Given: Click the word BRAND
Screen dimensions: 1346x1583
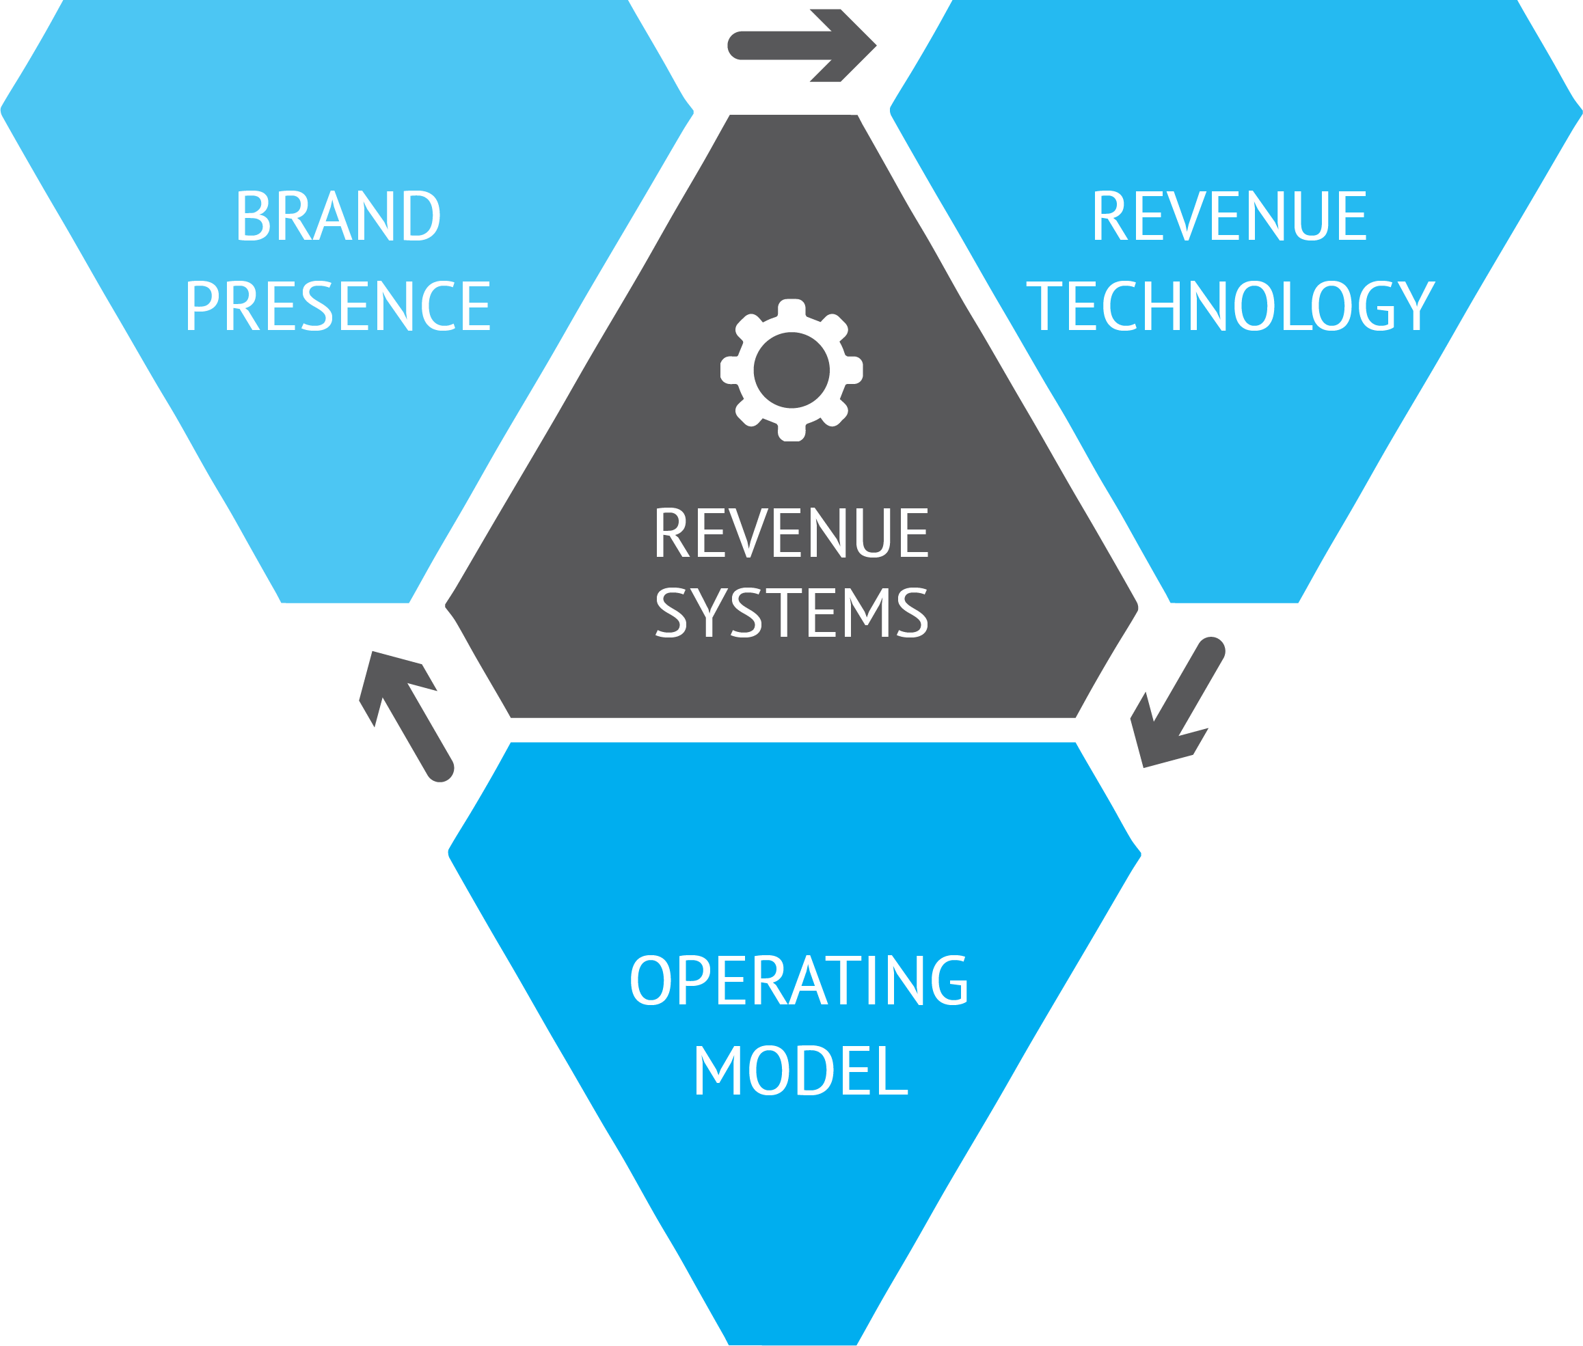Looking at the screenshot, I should [x=338, y=216].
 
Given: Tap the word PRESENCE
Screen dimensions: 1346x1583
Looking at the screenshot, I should [x=338, y=306].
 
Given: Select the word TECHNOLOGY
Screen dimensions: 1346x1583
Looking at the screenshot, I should [x=1230, y=306].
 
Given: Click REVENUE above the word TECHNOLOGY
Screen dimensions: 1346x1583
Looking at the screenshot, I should [x=1230, y=216].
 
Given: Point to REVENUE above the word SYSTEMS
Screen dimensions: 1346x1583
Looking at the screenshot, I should [x=791, y=534].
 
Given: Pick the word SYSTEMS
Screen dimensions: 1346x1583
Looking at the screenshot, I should [x=791, y=613].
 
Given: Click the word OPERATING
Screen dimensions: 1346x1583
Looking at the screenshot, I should [x=799, y=980].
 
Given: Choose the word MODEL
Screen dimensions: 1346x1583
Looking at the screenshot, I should [x=800, y=1071].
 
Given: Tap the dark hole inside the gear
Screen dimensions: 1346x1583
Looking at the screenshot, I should [x=791, y=370].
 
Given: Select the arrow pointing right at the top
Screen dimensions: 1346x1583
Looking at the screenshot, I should [x=802, y=45].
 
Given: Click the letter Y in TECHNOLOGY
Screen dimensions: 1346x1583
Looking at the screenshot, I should [x=1415, y=306].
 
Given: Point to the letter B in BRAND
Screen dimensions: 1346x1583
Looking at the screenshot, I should [x=254, y=216].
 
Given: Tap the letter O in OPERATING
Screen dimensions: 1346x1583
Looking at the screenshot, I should [x=649, y=980].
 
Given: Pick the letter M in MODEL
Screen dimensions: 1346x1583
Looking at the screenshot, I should [x=718, y=1071].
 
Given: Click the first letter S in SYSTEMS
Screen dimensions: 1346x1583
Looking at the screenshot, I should [x=672, y=613].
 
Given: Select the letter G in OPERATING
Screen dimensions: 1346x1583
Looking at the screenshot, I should [x=949, y=980].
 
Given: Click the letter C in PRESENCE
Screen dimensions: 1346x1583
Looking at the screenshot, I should [x=438, y=306].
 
